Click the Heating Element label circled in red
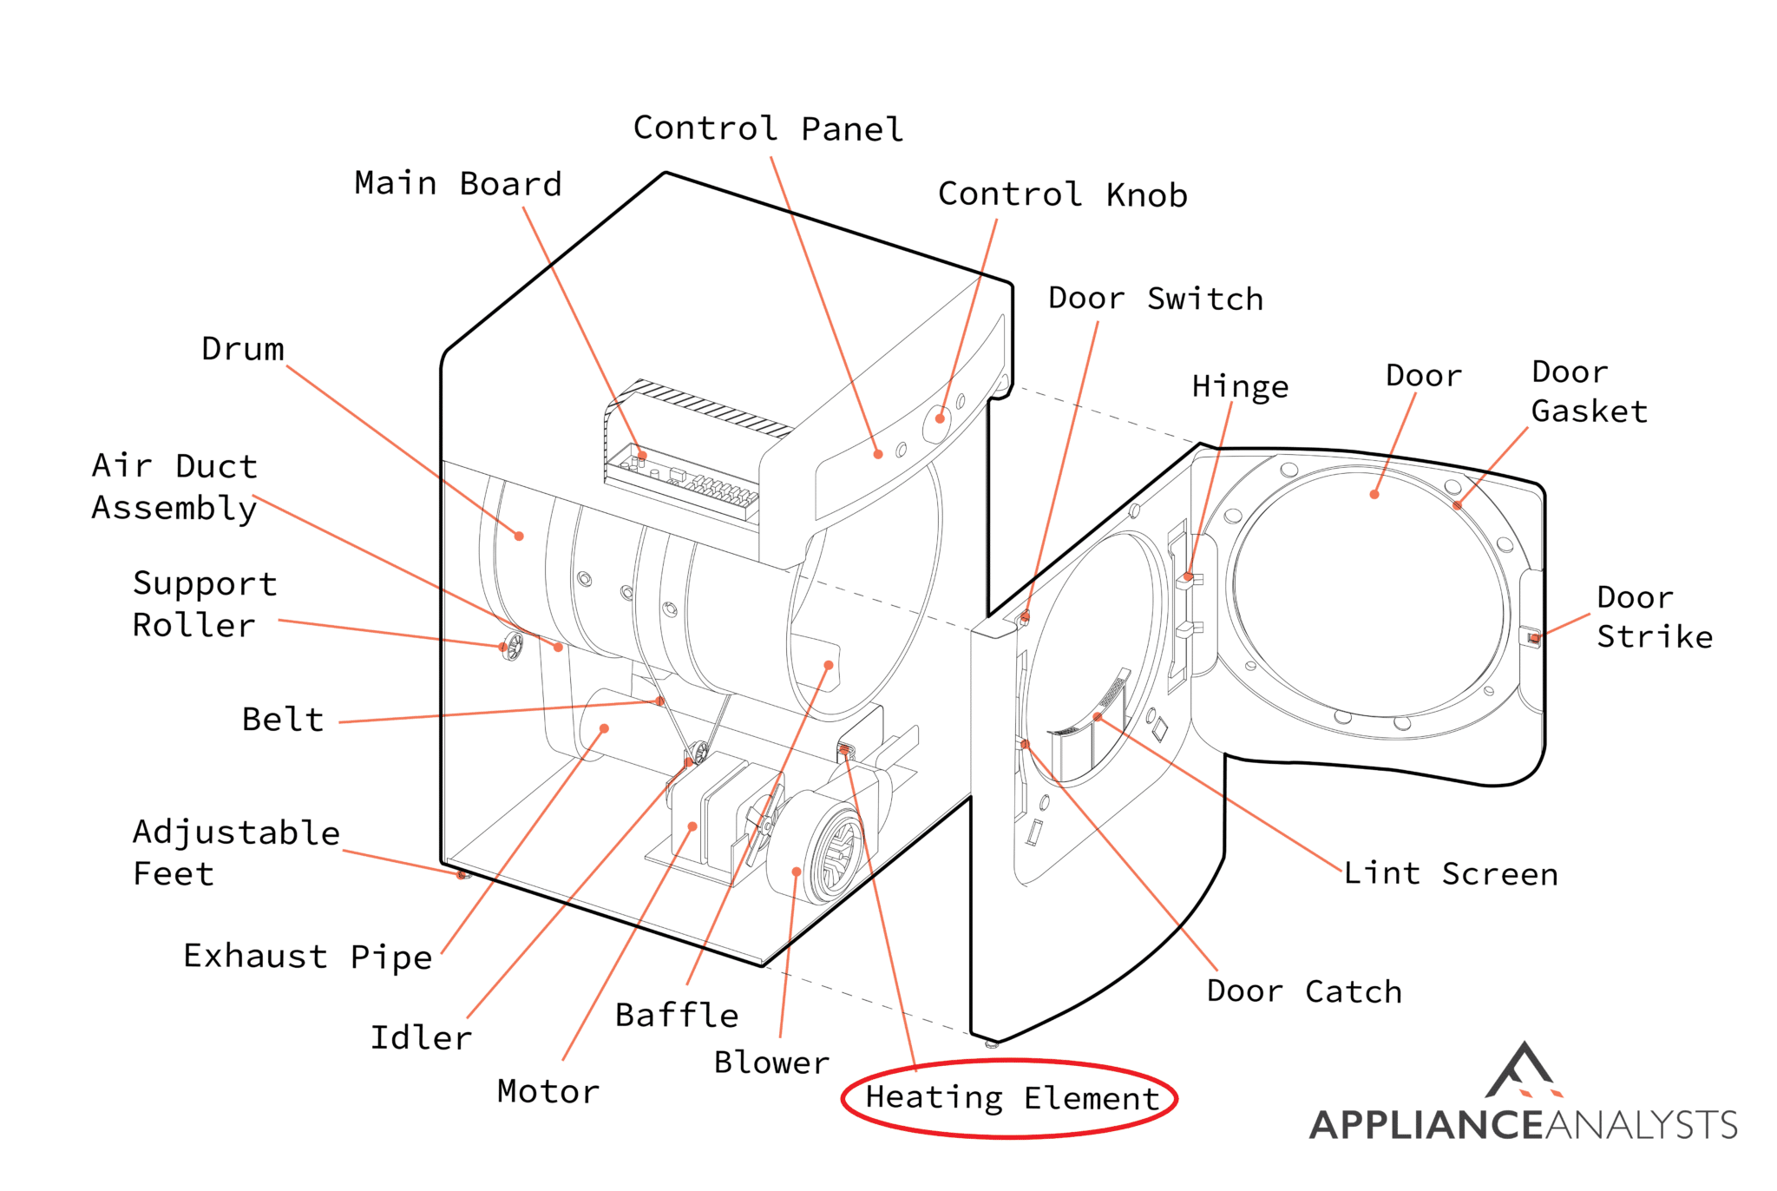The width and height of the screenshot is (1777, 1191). (1012, 1098)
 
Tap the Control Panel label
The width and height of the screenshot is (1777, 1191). (768, 128)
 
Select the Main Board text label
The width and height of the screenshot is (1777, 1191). (458, 184)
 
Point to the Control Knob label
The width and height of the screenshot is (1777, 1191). (1062, 194)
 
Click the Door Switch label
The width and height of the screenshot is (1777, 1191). (1155, 299)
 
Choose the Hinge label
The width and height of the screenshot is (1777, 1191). (1240, 386)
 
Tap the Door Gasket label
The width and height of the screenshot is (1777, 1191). (1588, 392)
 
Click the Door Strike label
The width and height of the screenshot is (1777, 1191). (1654, 616)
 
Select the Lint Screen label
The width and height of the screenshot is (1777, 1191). (1451, 873)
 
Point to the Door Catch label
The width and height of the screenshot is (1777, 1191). (1303, 990)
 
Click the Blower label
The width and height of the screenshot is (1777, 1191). (771, 1063)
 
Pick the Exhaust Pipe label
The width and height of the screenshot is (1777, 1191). (307, 956)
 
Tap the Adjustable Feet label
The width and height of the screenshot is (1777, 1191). (235, 852)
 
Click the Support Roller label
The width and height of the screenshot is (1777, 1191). (205, 604)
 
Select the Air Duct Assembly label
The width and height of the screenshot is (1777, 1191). (174, 487)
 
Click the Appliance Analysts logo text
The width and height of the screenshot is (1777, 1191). (1523, 1125)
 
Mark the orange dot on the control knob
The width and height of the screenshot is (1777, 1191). (940, 418)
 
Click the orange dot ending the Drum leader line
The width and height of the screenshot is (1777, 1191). (519, 536)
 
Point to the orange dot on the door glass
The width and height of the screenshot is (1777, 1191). (1374, 495)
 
